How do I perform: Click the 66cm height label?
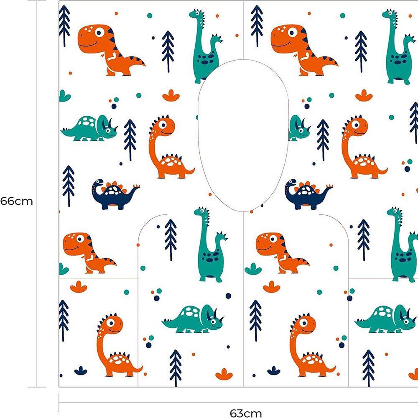click(x=17, y=201)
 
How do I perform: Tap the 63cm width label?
click(x=245, y=413)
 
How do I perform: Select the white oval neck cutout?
click(x=243, y=135)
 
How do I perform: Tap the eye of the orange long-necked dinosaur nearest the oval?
click(x=162, y=124)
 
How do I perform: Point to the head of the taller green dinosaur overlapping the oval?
click(x=197, y=14)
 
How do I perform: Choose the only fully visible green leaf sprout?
click(x=253, y=269)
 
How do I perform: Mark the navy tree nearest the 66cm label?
click(x=69, y=186)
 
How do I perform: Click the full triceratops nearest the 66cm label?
click(x=89, y=128)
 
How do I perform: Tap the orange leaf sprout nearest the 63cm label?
click(x=224, y=374)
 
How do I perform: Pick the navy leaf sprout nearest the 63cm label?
click(x=274, y=370)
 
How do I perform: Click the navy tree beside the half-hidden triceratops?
click(x=323, y=140)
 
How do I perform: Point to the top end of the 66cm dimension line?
click(x=37, y=1)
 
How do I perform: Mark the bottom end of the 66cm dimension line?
click(x=37, y=387)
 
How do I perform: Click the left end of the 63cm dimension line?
click(x=59, y=403)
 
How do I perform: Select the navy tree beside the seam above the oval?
click(x=257, y=26)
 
